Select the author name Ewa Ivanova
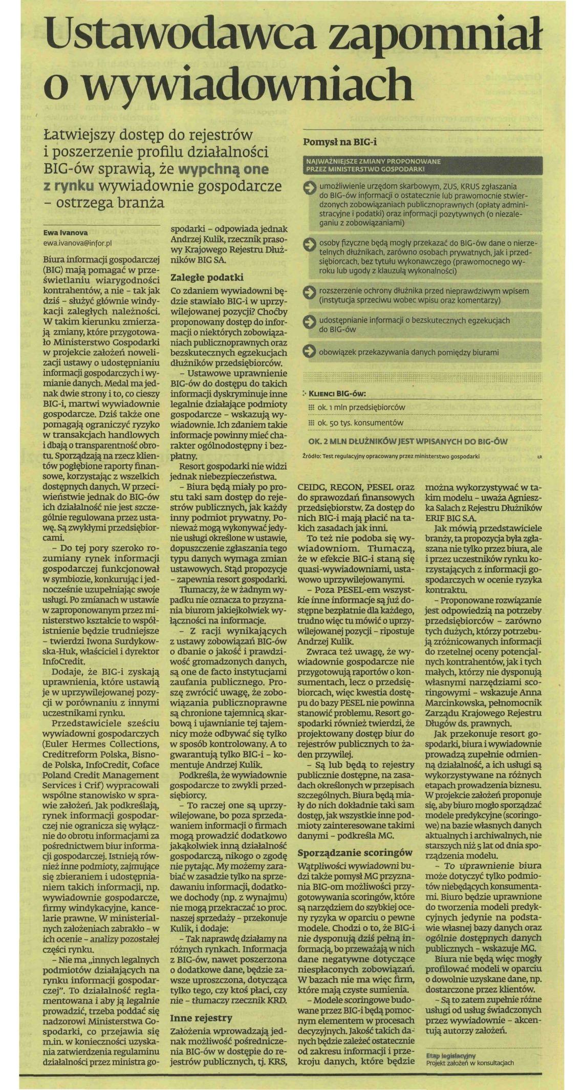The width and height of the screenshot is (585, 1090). click(66, 232)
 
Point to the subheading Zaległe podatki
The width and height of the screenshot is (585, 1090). click(207, 278)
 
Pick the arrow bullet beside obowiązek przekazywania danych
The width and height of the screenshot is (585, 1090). click(310, 352)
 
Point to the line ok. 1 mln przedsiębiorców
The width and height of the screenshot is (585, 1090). click(361, 407)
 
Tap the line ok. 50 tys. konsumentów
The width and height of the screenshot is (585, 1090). click(360, 423)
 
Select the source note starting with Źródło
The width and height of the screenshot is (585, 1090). click(391, 456)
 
